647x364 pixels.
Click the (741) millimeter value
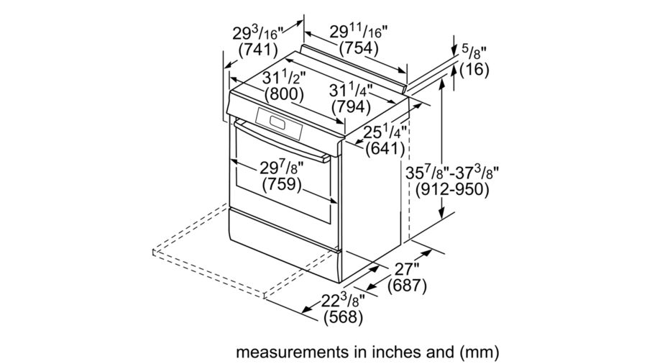pyautogui.click(x=258, y=50)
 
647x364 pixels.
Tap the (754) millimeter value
pyautogui.click(x=359, y=48)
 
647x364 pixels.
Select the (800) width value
pyautogui.click(x=284, y=94)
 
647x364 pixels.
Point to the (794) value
pyautogui.click(x=351, y=107)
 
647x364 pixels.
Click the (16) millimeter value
pyautogui.click(x=474, y=69)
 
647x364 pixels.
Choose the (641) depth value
pyautogui.click(x=385, y=149)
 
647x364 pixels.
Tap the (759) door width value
pyautogui.click(x=281, y=183)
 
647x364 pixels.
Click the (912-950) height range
pyautogui.click(x=452, y=189)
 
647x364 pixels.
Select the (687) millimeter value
pyautogui.click(x=407, y=286)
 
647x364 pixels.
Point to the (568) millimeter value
pyautogui.click(x=344, y=317)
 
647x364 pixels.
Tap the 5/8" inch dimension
pyautogui.click(x=474, y=52)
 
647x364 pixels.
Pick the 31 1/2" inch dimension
pyautogui.click(x=284, y=77)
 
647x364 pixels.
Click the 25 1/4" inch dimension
pyautogui.click(x=385, y=132)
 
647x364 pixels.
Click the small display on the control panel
pyautogui.click(x=277, y=122)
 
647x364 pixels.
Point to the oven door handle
pyautogui.click(x=282, y=140)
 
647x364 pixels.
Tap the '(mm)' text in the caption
pyautogui.click(x=478, y=352)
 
